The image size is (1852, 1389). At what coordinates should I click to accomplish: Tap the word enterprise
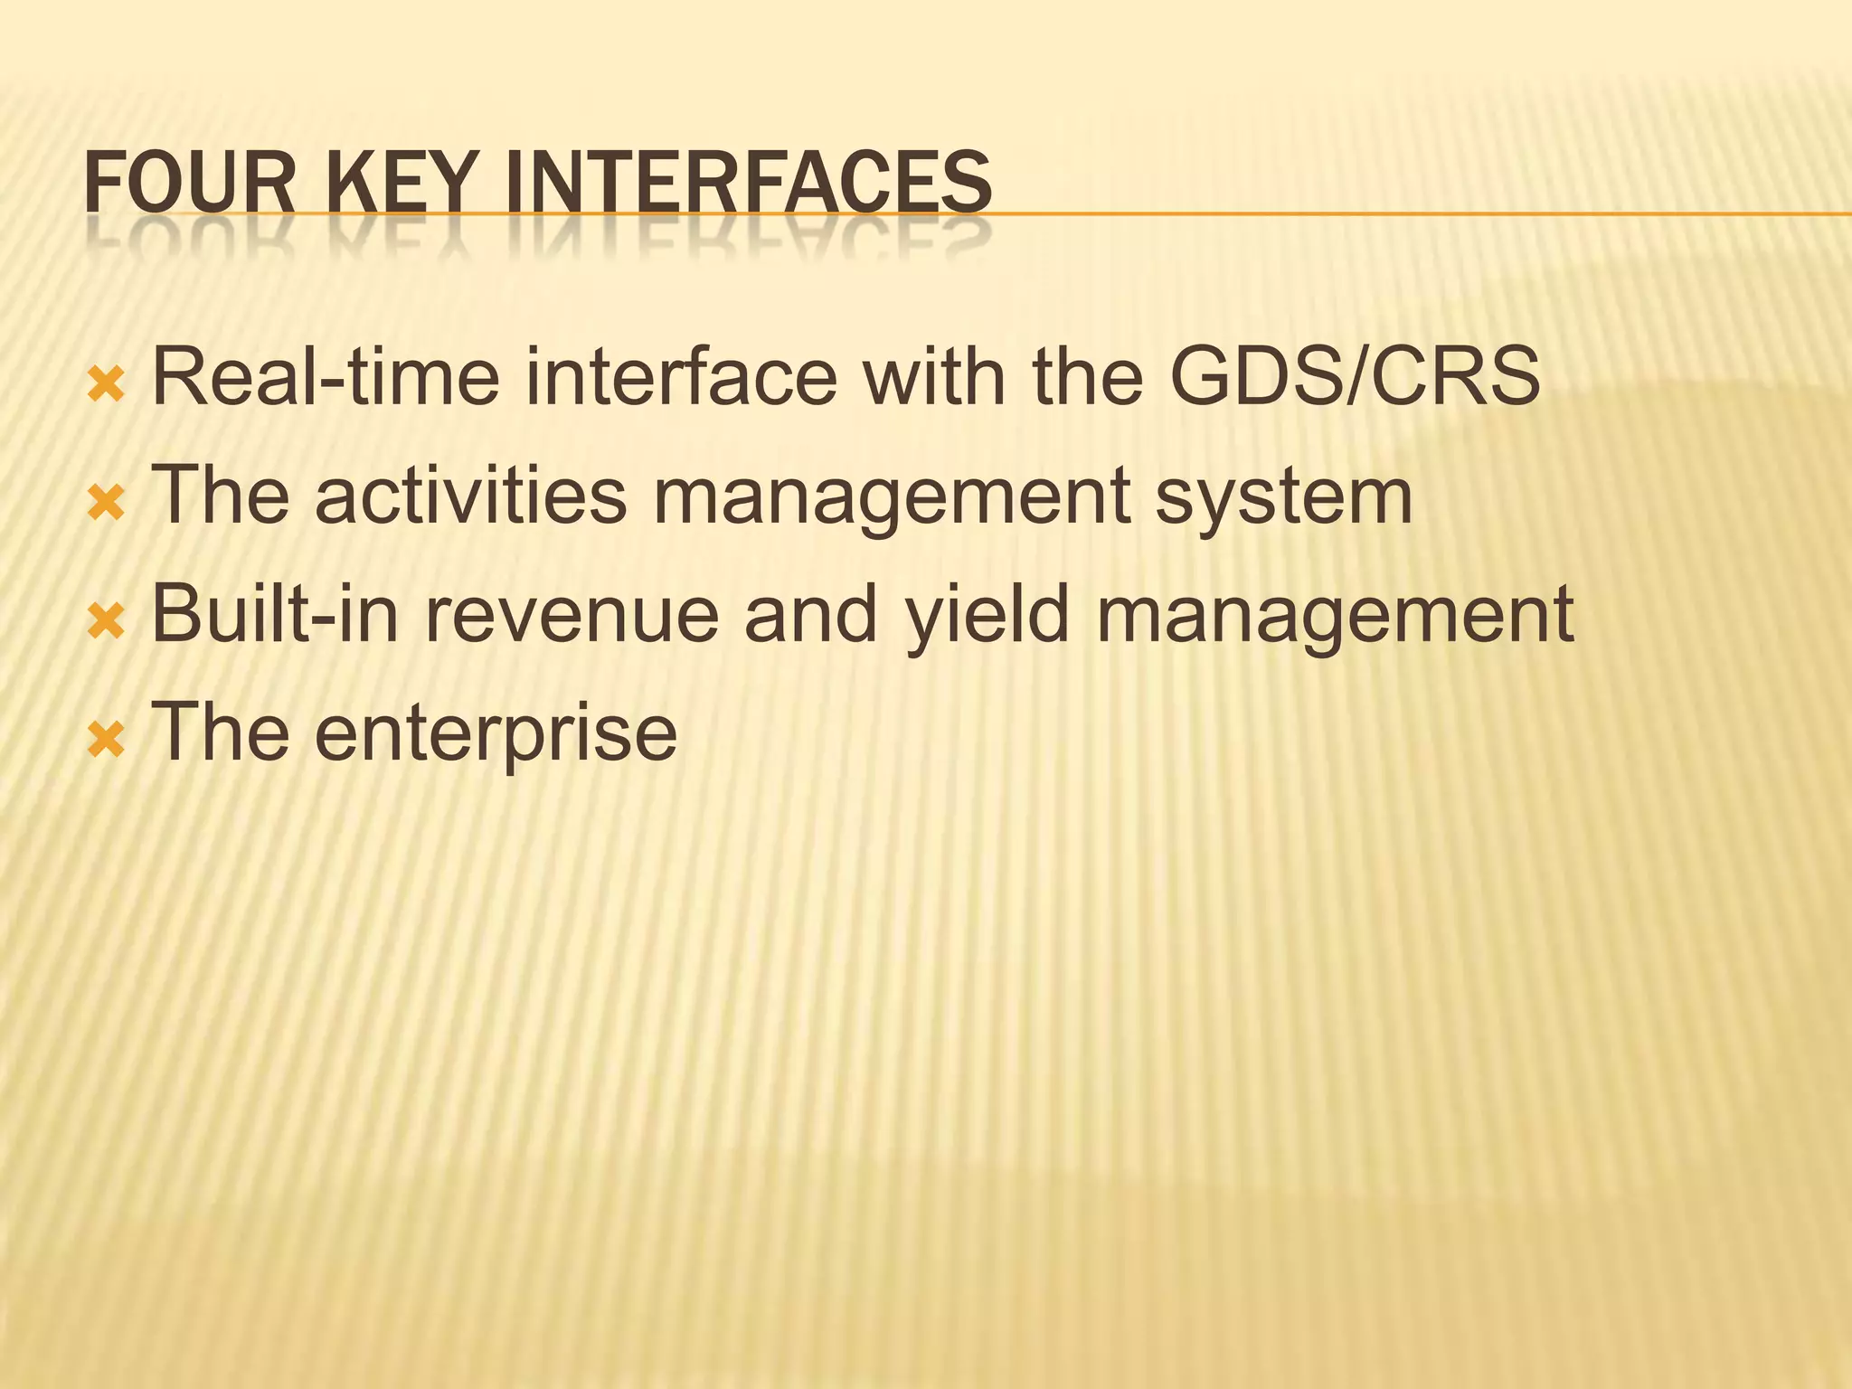pos(496,734)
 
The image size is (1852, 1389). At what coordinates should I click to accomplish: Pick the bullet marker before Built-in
pos(106,622)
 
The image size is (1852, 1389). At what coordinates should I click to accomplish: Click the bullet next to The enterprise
pos(106,741)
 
